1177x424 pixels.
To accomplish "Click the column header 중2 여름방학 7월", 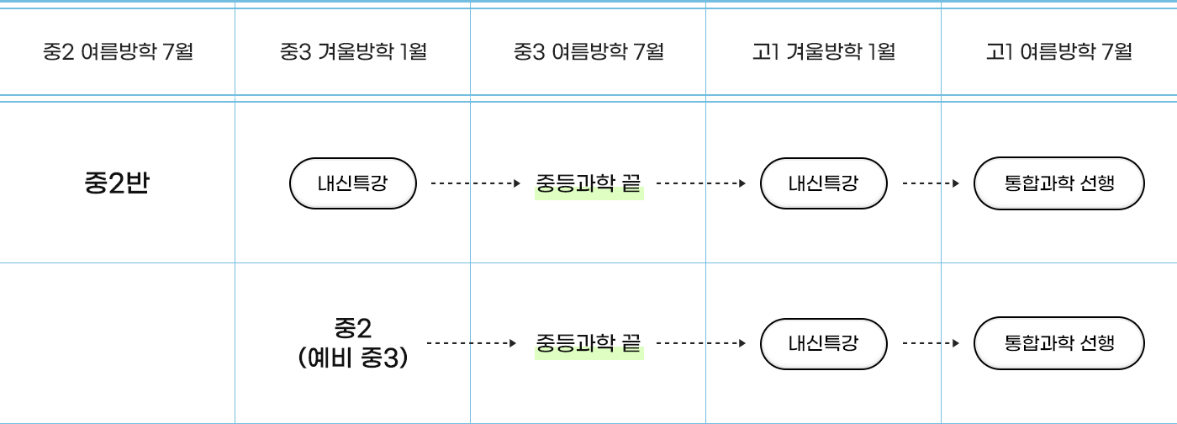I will [x=118, y=52].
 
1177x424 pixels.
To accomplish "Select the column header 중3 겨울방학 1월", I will [x=353, y=52].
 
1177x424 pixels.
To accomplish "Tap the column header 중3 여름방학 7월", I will [x=588, y=52].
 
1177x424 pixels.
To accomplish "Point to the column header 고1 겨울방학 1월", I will [x=823, y=52].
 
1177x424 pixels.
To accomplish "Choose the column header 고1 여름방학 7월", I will [x=1058, y=52].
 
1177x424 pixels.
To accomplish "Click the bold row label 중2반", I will [x=117, y=183].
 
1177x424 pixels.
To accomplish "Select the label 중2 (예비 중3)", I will [x=353, y=342].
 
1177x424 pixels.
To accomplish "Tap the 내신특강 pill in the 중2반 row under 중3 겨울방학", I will [x=353, y=183].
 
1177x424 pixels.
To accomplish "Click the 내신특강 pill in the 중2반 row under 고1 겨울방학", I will [x=824, y=183].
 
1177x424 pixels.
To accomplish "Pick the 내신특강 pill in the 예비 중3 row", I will [x=824, y=342].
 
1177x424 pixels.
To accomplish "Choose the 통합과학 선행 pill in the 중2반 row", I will [x=1059, y=183].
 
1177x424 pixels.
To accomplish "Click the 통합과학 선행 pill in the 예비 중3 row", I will [x=1059, y=342].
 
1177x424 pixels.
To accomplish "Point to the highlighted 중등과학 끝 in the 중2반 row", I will [x=588, y=183].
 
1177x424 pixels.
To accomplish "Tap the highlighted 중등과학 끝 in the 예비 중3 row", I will [x=588, y=342].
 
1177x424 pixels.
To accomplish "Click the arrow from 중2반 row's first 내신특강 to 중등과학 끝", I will [x=476, y=183].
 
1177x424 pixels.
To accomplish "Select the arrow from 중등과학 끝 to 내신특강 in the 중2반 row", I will [x=701, y=183].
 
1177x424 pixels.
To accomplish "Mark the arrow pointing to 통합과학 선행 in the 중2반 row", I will [x=931, y=183].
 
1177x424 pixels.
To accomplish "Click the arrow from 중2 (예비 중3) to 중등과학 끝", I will [x=472, y=343].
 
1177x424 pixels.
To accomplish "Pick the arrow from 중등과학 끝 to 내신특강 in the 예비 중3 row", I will [x=701, y=343].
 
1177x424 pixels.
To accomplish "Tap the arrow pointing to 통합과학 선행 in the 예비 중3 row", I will [x=931, y=343].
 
